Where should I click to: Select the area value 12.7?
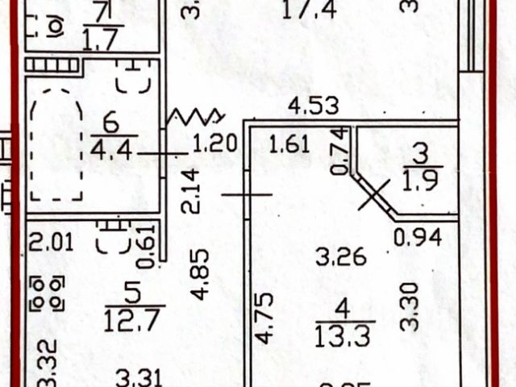click(134, 320)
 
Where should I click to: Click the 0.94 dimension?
click(417, 237)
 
